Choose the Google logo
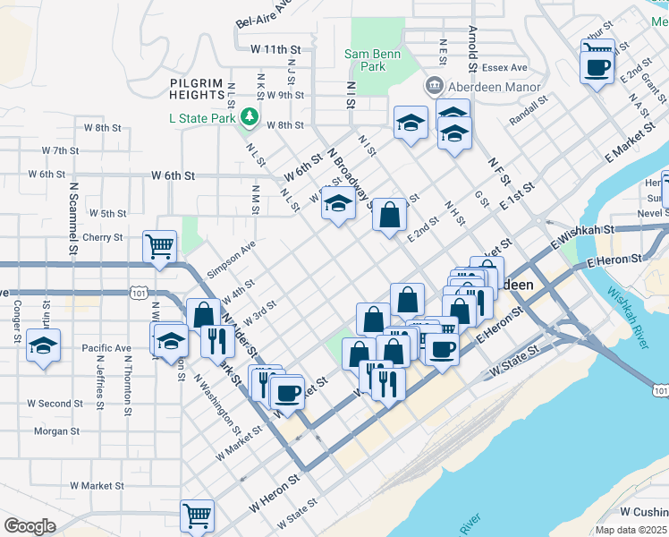point(29,526)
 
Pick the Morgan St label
point(56,431)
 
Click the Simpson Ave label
point(231,259)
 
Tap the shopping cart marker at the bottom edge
point(197,515)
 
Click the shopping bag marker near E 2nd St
point(388,215)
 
